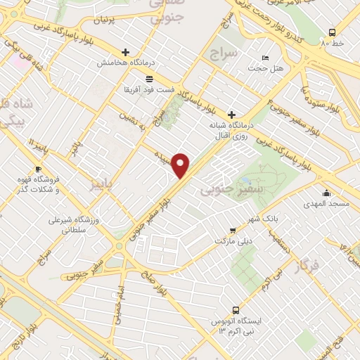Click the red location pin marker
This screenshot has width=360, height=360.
pos(181,165)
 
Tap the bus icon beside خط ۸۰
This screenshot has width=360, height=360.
pos(332,32)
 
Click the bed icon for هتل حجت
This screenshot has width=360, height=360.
pos(265,57)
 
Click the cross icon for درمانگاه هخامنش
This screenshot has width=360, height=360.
pos(126,52)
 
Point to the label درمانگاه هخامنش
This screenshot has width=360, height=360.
pos(125,63)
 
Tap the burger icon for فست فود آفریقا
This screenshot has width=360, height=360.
pos(148,79)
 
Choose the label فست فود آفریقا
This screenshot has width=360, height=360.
pos(150,91)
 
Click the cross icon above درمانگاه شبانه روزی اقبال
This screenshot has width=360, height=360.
pos(231,115)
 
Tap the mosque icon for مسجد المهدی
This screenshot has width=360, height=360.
pos(326,193)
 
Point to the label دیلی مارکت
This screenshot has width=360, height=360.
pos(233,240)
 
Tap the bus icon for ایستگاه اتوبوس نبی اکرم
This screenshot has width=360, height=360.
pos(236,309)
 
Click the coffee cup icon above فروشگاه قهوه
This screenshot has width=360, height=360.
pos(39,169)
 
